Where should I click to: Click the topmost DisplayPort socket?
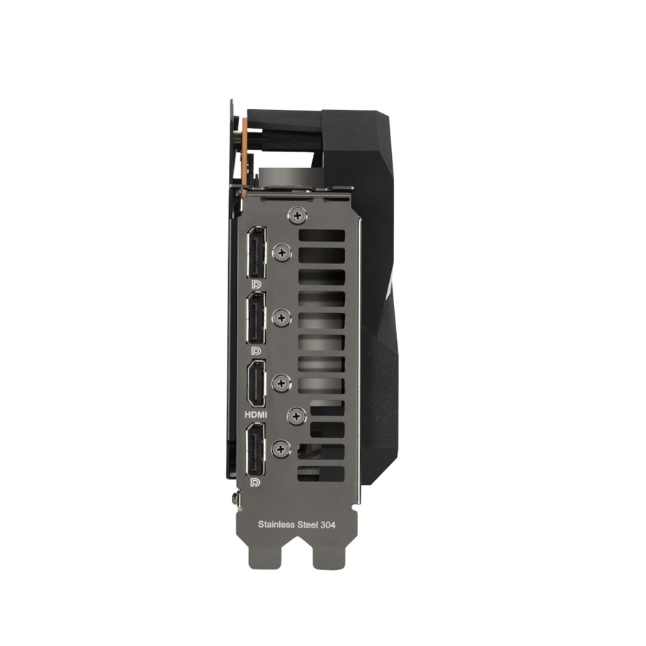pos(256,252)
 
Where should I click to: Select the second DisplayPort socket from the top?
pos(256,318)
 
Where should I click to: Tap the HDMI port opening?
pos(256,383)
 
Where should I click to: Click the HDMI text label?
pos(256,414)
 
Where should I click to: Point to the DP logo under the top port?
pos(256,284)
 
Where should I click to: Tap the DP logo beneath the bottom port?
pos(256,482)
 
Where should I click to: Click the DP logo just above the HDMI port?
pos(256,350)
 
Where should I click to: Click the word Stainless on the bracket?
pos(276,525)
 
